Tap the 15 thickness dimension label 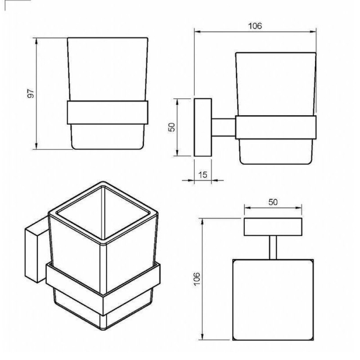coord(202,175)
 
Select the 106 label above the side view coord(255,26)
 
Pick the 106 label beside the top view coord(197,279)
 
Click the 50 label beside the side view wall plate coord(171,127)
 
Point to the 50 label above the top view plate coord(273,202)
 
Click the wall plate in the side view coord(203,127)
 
